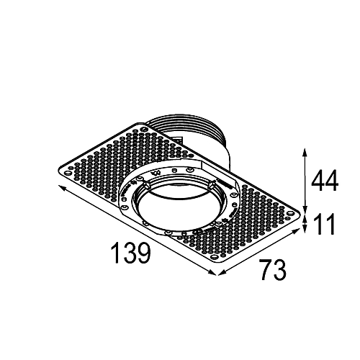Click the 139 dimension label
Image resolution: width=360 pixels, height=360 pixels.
(x=131, y=253)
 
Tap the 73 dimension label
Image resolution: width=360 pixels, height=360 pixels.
(x=274, y=269)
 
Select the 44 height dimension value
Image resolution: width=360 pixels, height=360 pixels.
(x=325, y=180)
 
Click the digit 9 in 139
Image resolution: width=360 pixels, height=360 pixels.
(x=145, y=253)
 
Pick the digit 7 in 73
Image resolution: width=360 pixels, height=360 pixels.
(x=266, y=269)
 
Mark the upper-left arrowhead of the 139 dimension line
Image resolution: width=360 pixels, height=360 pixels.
(x=61, y=187)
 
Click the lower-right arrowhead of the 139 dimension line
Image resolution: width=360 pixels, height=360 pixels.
(x=212, y=272)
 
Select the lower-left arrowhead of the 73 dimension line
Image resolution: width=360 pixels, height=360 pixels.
(x=222, y=272)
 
